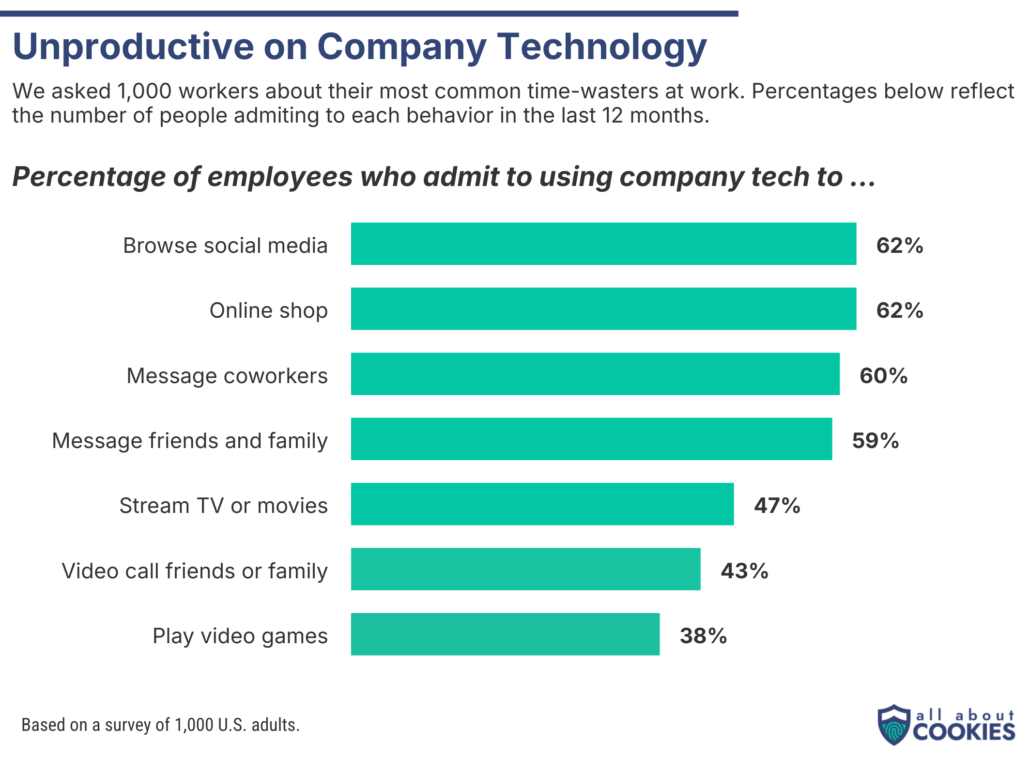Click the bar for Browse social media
(603, 244)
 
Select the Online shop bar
(603, 309)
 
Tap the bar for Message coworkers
(595, 374)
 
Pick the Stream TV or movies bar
(542, 504)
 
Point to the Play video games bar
(505, 634)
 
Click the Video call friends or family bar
(525, 569)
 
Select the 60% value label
(883, 376)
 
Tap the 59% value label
(875, 441)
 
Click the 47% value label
(777, 506)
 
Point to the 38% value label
(703, 636)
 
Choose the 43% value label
(744, 571)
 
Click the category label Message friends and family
(190, 441)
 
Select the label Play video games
(240, 636)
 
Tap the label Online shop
(268, 310)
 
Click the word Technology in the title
(602, 47)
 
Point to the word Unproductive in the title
(133, 47)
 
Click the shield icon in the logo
(894, 725)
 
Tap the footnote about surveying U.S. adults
(160, 725)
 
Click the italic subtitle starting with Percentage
(444, 177)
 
